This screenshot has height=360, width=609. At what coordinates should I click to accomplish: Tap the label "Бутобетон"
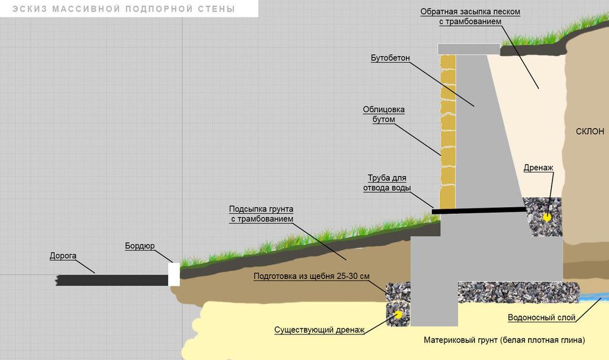pyautogui.click(x=390, y=58)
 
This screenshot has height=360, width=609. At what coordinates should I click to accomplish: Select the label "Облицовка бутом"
pyautogui.click(x=384, y=115)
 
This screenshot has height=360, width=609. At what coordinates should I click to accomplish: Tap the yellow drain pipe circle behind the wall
pyautogui.click(x=547, y=215)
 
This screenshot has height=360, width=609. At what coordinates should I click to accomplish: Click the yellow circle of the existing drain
pyautogui.click(x=398, y=314)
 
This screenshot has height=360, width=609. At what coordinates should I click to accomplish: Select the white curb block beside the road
pyautogui.click(x=174, y=274)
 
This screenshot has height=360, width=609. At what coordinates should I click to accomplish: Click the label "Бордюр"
pyautogui.click(x=140, y=246)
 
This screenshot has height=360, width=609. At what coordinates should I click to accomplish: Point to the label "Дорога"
pyautogui.click(x=63, y=256)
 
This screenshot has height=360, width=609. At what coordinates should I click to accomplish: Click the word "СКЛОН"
pyautogui.click(x=590, y=131)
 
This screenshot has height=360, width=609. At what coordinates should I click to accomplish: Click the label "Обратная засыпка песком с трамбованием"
pyautogui.click(x=471, y=16)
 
